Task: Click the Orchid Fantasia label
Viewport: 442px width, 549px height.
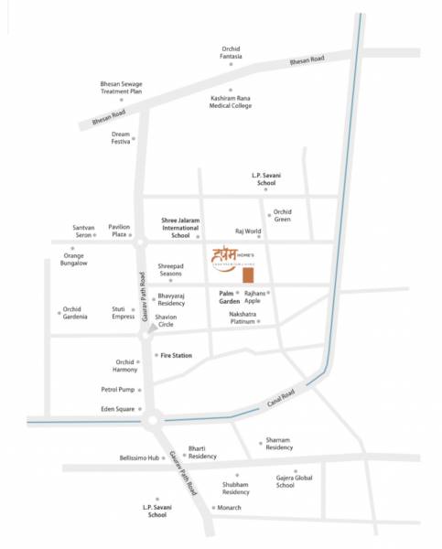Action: click(x=231, y=52)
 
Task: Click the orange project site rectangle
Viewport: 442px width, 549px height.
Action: click(x=247, y=277)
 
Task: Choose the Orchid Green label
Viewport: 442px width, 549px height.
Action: click(x=282, y=215)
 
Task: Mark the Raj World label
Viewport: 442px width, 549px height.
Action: click(x=248, y=232)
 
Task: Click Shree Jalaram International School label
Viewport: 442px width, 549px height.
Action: click(x=180, y=227)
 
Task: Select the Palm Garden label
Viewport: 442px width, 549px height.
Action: click(x=229, y=296)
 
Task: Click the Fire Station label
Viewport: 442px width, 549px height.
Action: click(x=176, y=354)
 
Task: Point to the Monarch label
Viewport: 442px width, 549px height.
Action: click(x=230, y=507)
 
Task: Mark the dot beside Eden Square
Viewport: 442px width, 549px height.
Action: click(x=140, y=409)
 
